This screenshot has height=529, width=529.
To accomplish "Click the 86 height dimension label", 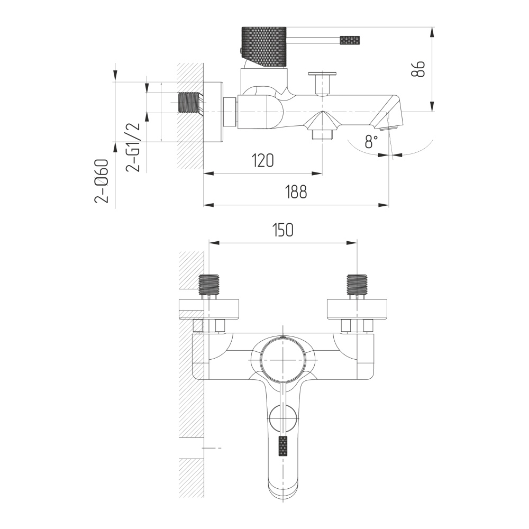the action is pyautogui.click(x=418, y=69).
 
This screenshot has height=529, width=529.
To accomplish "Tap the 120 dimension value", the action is pyautogui.click(x=263, y=161).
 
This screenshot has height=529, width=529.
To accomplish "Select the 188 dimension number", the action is pyautogui.click(x=296, y=191).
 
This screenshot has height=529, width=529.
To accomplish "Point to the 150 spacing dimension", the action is pyautogui.click(x=282, y=230).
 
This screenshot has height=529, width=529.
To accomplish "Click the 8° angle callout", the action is pyautogui.click(x=371, y=141).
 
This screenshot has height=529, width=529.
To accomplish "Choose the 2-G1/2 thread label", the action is pyautogui.click(x=133, y=147).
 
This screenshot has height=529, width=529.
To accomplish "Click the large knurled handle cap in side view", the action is pyautogui.click(x=264, y=46).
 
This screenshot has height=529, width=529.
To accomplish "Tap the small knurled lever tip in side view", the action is pyautogui.click(x=350, y=40).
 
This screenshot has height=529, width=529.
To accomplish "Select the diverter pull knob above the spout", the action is pyautogui.click(x=322, y=83).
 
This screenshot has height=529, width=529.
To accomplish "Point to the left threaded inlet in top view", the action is pyautogui.click(x=209, y=285).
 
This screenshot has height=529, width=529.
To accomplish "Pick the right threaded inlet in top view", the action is pyautogui.click(x=357, y=285).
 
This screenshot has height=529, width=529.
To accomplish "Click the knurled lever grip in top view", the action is pyautogui.click(x=283, y=445).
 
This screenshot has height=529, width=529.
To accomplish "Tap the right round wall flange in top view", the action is pyautogui.click(x=357, y=309).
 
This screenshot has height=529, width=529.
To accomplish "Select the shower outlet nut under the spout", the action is pyautogui.click(x=323, y=135).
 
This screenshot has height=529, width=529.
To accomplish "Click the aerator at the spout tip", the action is pyautogui.click(x=389, y=128).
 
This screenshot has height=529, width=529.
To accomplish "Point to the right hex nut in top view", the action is pyautogui.click(x=357, y=326).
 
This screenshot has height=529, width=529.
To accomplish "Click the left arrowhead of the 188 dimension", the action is pyautogui.click(x=209, y=205).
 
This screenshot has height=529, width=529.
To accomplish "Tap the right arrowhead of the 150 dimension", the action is pyautogui.click(x=352, y=243).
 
